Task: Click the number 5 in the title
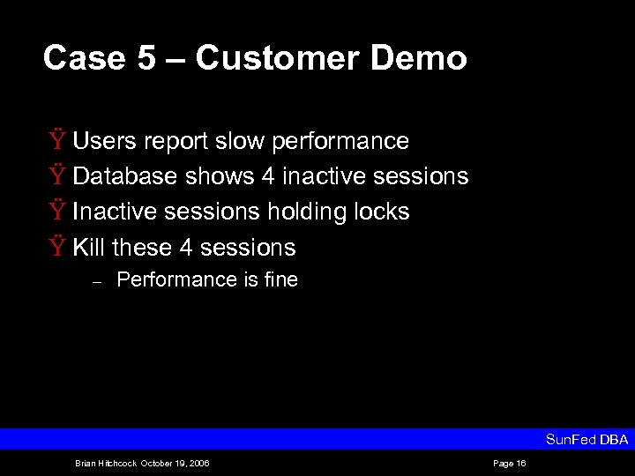tap(146, 58)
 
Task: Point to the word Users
tap(102, 141)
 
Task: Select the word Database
tap(125, 176)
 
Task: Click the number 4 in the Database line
tap(268, 176)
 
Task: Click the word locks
tap(382, 212)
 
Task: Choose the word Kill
tap(88, 247)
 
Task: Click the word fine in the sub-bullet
tap(280, 280)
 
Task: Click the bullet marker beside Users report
tap(56, 141)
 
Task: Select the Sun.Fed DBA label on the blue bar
tap(586, 439)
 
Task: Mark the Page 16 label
tap(509, 464)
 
